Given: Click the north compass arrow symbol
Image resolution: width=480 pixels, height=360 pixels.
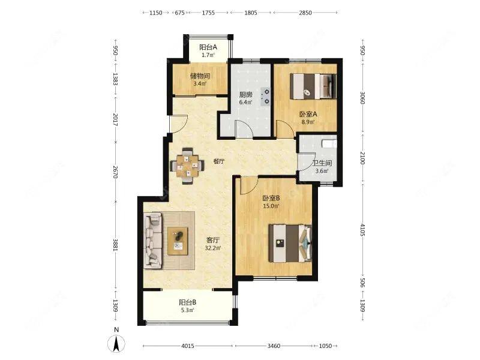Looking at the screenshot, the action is [x=116, y=343].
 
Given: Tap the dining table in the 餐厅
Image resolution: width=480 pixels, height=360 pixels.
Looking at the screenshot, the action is [x=187, y=166].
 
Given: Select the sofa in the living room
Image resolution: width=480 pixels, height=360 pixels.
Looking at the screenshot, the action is [x=153, y=241].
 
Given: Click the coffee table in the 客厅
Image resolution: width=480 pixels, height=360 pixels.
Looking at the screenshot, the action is [x=178, y=241].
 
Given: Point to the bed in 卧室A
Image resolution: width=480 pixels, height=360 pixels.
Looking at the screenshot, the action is [x=313, y=86].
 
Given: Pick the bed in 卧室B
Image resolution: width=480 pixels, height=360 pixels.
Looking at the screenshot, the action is [x=290, y=244].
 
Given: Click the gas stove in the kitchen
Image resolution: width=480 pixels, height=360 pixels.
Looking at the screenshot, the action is [x=265, y=97].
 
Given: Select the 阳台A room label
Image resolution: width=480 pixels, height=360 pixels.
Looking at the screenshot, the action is [x=208, y=47].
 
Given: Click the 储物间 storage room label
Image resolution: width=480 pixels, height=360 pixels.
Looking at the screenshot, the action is [x=200, y=76].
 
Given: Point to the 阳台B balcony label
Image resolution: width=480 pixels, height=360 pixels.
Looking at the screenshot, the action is [x=188, y=302].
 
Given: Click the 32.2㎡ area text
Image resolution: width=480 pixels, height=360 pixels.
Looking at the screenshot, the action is [x=213, y=248].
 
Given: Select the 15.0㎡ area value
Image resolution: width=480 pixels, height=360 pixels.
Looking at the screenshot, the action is [x=271, y=206].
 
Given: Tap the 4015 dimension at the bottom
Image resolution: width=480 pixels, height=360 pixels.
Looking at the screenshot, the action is [x=188, y=346].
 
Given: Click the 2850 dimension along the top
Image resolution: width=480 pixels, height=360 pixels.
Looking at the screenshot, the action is [x=305, y=13].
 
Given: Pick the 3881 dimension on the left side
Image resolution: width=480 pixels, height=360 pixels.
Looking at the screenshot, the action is [x=115, y=245].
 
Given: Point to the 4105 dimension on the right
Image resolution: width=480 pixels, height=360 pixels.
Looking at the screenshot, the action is [x=362, y=230].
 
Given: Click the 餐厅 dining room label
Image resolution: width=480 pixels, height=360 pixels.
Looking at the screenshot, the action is [x=218, y=161].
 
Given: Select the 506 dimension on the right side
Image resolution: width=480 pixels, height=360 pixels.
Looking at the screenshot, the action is [x=362, y=283].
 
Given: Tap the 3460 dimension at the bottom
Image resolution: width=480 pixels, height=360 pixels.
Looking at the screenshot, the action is [x=274, y=346].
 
